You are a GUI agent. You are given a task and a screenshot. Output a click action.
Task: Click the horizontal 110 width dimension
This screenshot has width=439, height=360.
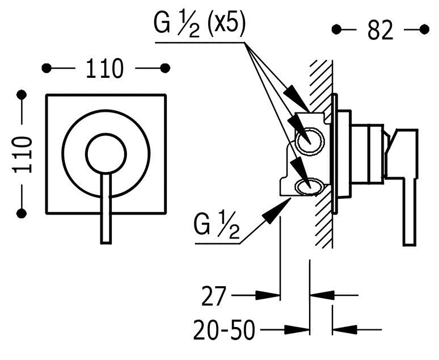pos(104,68)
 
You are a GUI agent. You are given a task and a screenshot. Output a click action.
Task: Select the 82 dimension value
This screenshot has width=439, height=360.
pos(379,30)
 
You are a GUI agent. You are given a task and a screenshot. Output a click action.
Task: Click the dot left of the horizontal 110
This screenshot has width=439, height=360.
pos(46,68)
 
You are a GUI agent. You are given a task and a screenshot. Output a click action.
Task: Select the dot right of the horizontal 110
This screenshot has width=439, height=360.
pos(165,68)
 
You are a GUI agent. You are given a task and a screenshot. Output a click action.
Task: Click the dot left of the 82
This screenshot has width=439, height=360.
pos(336,28)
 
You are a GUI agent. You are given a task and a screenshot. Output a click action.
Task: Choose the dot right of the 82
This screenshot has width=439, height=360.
pos(423,28)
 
